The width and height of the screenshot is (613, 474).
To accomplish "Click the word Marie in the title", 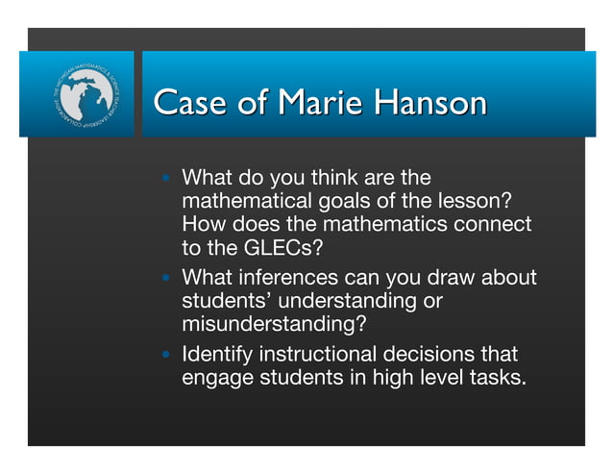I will [304, 103].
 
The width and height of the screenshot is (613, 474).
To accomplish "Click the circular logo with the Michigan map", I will [78, 94].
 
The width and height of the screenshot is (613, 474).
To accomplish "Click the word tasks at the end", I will [499, 377].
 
